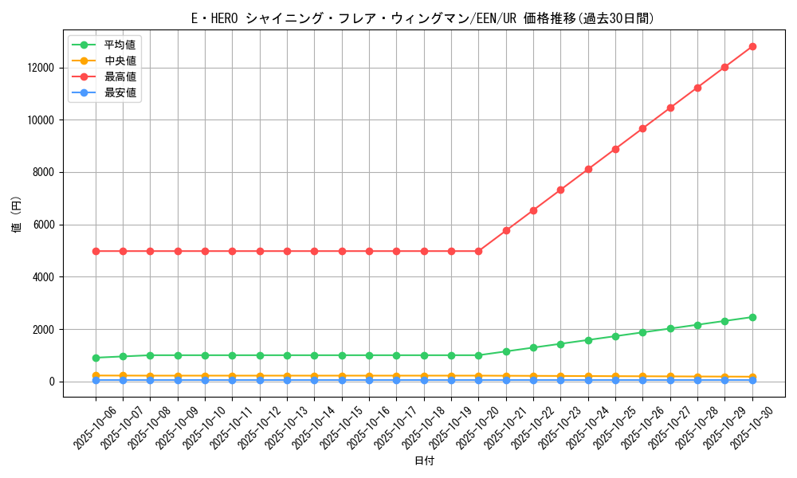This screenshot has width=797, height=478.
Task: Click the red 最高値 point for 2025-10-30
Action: [x=752, y=46]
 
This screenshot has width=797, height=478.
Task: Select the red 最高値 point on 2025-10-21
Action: [x=506, y=230]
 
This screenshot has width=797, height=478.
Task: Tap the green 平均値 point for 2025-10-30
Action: [x=752, y=317]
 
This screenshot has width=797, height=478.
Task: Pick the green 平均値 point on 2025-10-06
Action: [x=96, y=358]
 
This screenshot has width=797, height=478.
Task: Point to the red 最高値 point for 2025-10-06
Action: [x=96, y=251]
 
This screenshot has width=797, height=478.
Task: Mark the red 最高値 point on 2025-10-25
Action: [x=615, y=149]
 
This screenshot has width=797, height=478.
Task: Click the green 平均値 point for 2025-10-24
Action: [x=588, y=340]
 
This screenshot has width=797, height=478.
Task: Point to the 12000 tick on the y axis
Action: [x=40, y=68]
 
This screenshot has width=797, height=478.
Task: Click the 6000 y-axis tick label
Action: [x=43, y=225]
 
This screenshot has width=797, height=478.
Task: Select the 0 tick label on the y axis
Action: [x=52, y=382]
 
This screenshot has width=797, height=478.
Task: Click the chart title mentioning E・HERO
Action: [x=423, y=18]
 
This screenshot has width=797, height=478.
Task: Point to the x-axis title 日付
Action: [x=424, y=460]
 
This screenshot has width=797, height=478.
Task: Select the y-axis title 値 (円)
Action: [x=17, y=215]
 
